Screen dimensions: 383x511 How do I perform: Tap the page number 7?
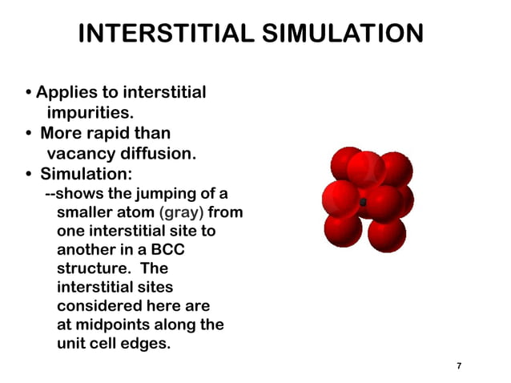click(x=459, y=366)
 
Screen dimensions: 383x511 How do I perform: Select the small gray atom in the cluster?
click(x=363, y=202)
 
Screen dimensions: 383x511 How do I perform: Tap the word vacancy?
click(x=79, y=152)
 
